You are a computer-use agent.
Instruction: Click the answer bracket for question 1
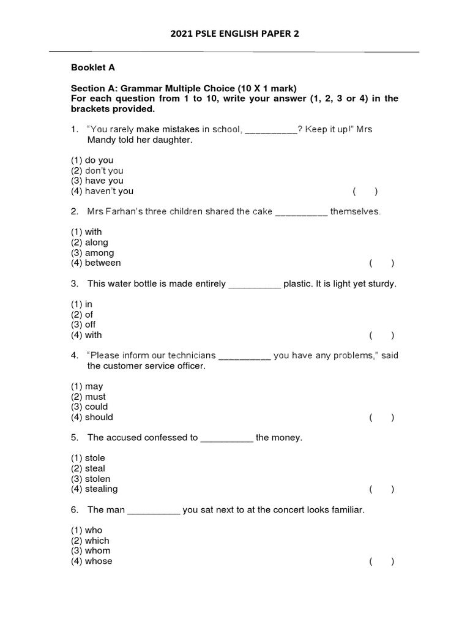coord(365,191)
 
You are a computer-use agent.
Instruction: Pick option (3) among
coord(92,253)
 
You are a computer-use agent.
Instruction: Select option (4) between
coord(96,263)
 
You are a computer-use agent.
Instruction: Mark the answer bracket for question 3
coord(382,335)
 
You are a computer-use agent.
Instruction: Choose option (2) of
coord(82,314)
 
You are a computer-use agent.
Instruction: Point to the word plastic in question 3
coord(297,284)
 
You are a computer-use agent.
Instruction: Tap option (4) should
coord(92,417)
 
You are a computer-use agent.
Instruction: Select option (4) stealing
coord(94,489)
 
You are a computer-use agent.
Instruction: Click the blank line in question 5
coord(226,438)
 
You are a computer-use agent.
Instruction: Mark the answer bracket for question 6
coord(382,561)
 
